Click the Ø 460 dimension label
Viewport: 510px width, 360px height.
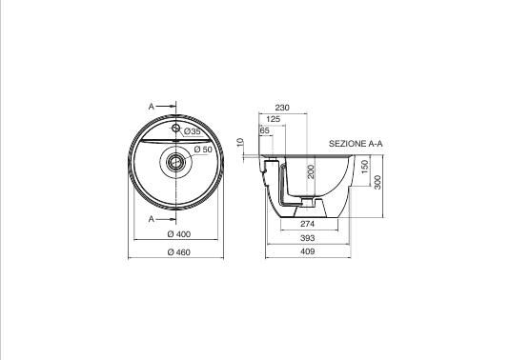tap(179, 252)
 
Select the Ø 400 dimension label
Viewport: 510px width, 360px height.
tap(179, 234)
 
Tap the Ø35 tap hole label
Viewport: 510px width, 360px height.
tap(193, 131)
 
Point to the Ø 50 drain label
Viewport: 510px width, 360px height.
tap(203, 150)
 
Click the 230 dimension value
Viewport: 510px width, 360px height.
tap(282, 108)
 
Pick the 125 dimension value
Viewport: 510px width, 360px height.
tap(274, 119)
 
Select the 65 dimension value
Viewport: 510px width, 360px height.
tap(265, 130)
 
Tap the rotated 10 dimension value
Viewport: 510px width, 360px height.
tap(240, 142)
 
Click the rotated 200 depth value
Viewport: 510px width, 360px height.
tap(312, 171)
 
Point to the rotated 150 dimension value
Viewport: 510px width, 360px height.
tap(365, 167)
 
